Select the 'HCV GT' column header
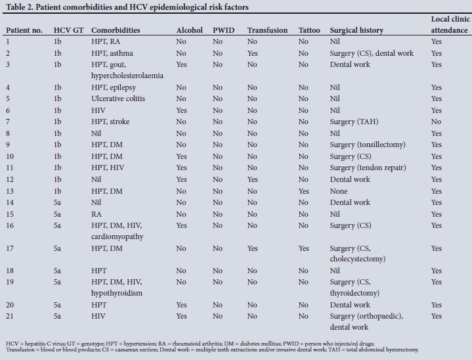[68, 30]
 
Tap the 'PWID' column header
[223, 30]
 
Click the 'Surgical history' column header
[356, 30]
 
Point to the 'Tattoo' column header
[309, 30]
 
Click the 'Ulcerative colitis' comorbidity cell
[118, 99]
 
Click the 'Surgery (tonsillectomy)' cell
[368, 145]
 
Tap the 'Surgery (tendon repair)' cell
[368, 168]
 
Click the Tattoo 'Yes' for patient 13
[304, 191]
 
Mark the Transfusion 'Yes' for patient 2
[253, 53]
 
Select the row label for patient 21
[9, 316]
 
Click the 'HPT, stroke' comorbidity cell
[111, 122]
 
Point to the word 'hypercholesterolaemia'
[127, 76]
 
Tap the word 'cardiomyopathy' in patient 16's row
[120, 236]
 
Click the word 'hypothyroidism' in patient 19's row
[117, 293]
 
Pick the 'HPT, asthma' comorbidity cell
[112, 53]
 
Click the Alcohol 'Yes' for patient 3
[182, 64]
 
